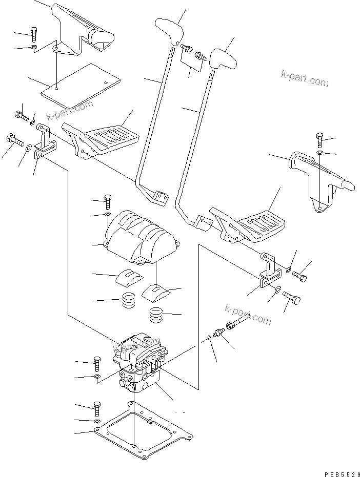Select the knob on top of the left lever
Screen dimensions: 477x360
click(170, 31)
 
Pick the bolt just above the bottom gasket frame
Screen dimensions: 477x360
click(97, 409)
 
